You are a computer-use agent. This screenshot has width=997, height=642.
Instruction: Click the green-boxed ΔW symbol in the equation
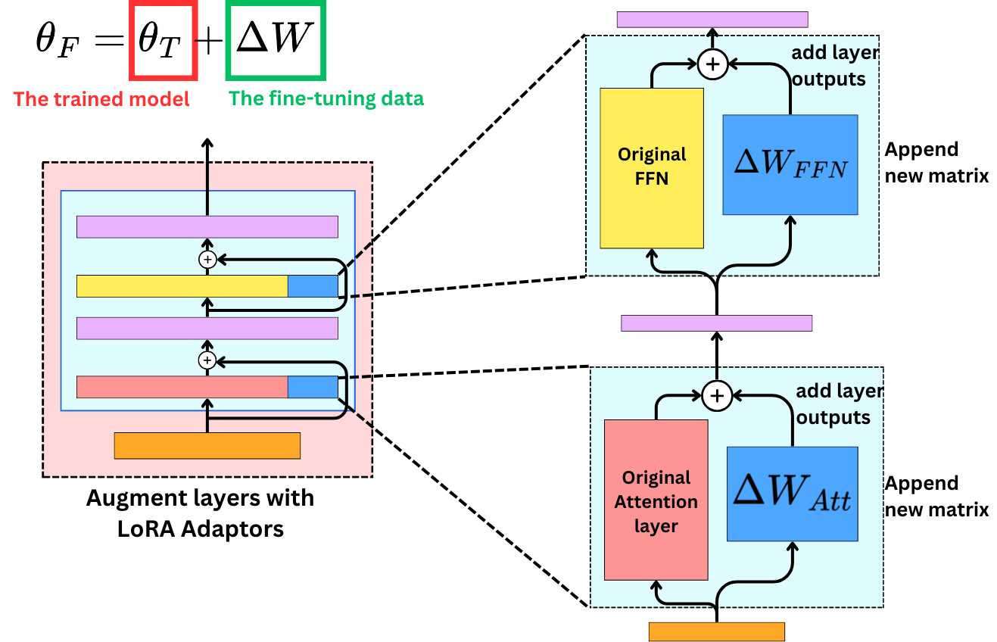(276, 40)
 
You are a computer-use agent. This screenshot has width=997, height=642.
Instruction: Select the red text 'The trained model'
(101, 99)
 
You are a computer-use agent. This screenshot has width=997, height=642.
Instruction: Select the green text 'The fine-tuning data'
(326, 98)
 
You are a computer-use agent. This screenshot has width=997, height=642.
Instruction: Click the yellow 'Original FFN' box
(652, 168)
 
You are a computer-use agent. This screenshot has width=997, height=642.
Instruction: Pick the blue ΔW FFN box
(790, 165)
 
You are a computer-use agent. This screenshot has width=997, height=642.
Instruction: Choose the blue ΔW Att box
(792, 494)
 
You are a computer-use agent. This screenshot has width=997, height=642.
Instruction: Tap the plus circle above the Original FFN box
(712, 64)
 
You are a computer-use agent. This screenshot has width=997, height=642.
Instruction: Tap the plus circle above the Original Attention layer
(716, 394)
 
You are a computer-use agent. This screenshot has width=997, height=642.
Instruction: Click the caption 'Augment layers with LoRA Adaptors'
(200, 513)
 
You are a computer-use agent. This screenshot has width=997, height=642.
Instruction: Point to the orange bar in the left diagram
(207, 445)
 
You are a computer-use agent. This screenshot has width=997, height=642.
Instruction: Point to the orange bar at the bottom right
(716, 631)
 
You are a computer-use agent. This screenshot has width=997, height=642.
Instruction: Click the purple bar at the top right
(712, 20)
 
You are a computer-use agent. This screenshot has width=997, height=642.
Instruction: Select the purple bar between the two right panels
(716, 323)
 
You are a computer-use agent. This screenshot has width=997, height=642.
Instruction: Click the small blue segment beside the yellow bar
(313, 286)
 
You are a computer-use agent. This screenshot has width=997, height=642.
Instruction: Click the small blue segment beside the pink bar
(313, 387)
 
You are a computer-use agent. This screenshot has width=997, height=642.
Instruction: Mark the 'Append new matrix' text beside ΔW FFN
(936, 162)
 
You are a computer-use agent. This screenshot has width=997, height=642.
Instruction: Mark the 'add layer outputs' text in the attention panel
(839, 404)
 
